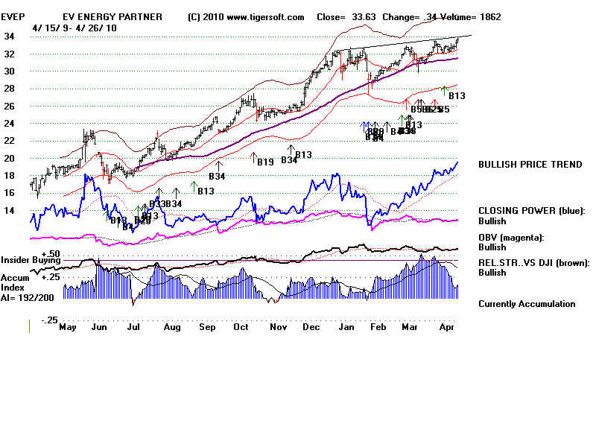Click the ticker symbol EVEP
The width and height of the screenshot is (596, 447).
(x=14, y=17)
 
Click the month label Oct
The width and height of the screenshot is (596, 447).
(x=240, y=326)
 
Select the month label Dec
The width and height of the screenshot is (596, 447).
(x=312, y=326)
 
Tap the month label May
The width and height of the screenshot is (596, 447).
(x=68, y=326)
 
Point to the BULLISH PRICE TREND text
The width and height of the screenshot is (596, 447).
(x=530, y=165)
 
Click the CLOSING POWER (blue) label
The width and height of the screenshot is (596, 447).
(x=532, y=211)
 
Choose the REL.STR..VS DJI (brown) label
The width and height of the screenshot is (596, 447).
(x=533, y=262)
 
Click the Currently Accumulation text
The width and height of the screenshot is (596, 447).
(x=527, y=304)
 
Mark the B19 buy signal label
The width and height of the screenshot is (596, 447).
(x=265, y=162)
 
